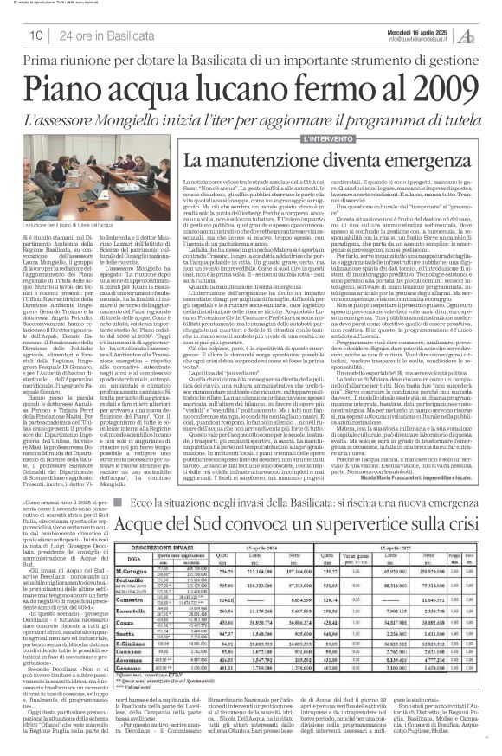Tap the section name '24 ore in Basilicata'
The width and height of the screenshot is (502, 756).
tap(103, 35)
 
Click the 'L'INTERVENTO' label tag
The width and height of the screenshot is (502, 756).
tap(328, 138)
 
